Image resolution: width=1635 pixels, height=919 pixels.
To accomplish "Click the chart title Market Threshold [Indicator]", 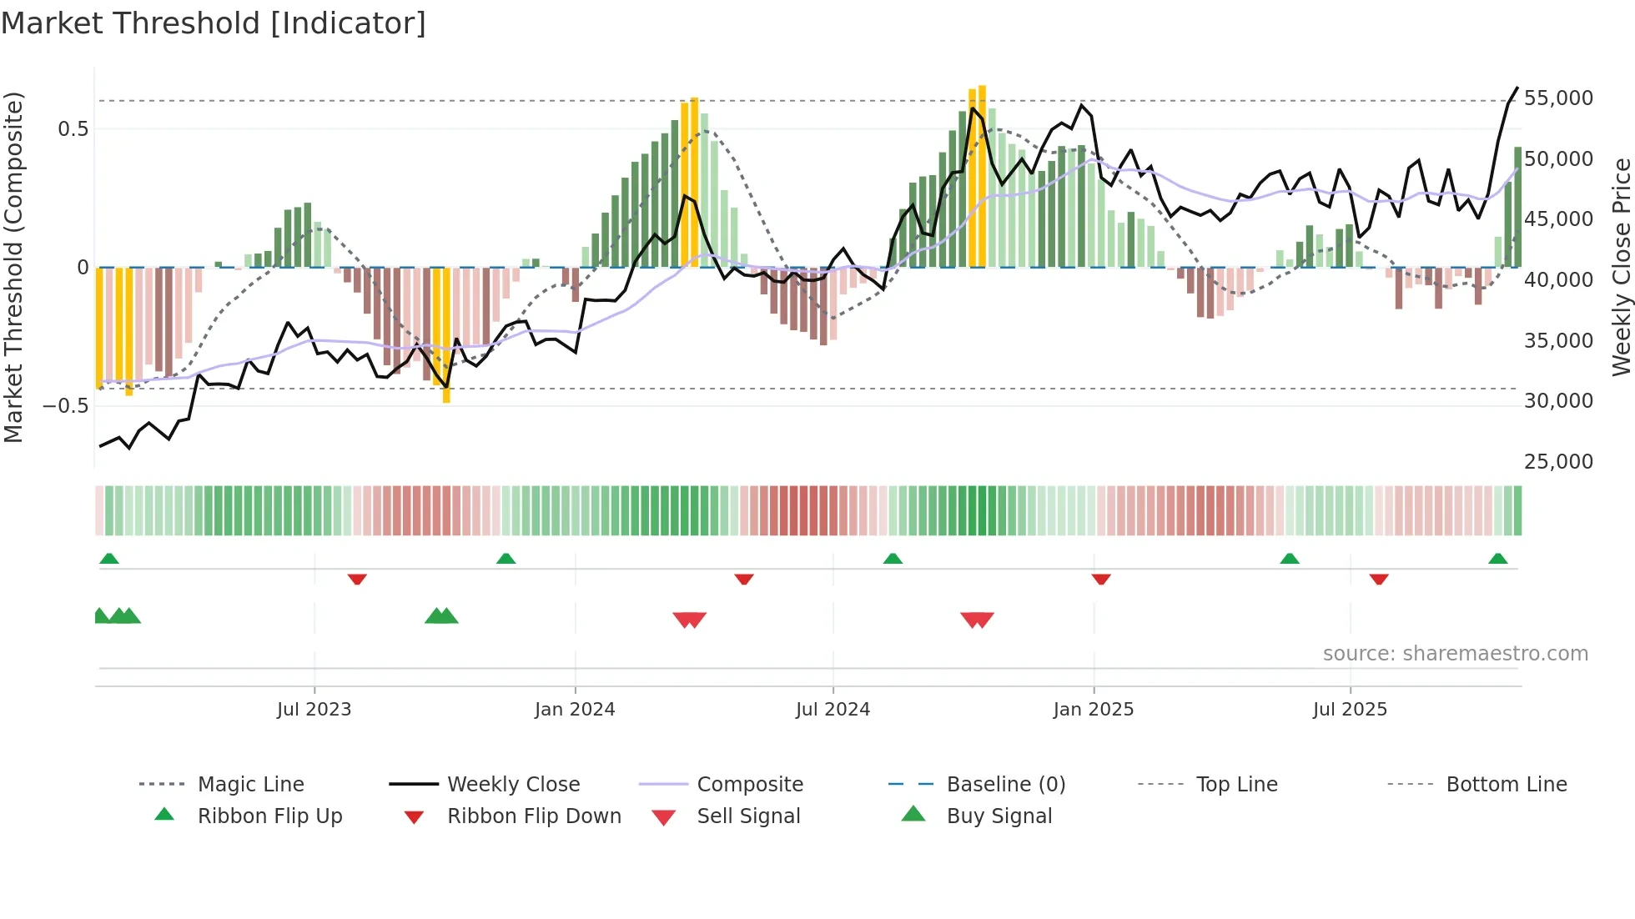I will [214, 23].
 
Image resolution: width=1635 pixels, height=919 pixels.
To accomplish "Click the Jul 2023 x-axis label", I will [314, 710].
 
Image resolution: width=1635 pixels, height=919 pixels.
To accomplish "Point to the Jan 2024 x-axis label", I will [575, 710].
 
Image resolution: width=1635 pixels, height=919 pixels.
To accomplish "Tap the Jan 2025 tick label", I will [1093, 710].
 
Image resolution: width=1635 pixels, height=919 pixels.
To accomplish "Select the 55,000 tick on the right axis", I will [1557, 98].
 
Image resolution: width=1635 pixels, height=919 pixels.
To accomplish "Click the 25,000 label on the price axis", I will [1557, 462].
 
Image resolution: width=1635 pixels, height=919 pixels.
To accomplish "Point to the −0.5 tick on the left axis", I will [66, 406].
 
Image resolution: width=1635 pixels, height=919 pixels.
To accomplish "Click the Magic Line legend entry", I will [250, 785].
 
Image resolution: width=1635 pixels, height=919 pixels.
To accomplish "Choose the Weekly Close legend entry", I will [513, 785].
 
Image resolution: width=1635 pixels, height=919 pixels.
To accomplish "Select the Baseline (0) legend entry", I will [1005, 785].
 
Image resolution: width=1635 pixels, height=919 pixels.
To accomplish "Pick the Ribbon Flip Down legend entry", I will [534, 816].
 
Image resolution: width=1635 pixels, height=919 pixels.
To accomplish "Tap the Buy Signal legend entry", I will [999, 816].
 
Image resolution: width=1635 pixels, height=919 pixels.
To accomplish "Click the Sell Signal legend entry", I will [748, 816].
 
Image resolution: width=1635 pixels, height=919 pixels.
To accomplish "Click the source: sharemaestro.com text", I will [1455, 654].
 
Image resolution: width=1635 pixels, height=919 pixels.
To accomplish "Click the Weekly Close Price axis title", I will [1621, 267].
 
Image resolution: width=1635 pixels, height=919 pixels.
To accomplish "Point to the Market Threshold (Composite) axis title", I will [13, 267].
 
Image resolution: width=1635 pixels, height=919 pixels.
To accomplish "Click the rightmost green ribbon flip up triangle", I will [1497, 559].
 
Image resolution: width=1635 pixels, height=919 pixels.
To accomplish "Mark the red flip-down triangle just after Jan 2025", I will [1101, 578].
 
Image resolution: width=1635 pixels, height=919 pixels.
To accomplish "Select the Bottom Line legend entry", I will [1506, 785].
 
